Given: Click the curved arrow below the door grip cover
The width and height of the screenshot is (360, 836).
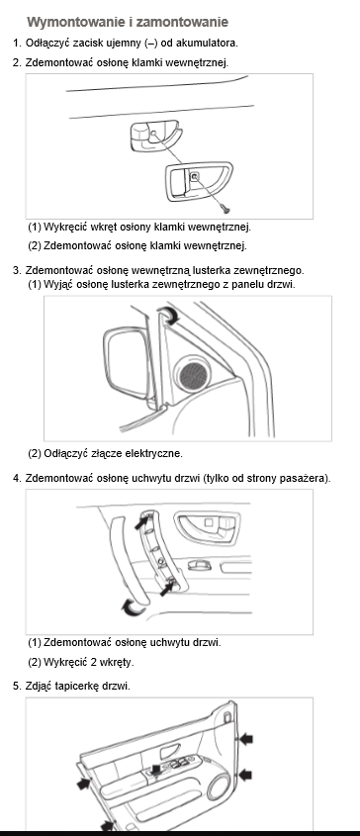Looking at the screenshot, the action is coord(133,606).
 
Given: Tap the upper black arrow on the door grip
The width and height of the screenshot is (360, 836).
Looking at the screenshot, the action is coord(141,522).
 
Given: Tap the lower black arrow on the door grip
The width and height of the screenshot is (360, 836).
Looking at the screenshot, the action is coord(168,589).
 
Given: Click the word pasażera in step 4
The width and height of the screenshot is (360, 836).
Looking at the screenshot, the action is coord(307,478).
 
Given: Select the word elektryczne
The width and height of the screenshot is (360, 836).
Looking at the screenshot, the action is coord(153,454).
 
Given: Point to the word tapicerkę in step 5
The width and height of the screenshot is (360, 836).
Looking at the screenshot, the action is coord(74,687).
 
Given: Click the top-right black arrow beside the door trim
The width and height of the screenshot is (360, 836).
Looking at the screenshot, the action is coord(246,738).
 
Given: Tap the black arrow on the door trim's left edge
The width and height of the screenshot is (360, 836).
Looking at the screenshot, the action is coord(84,784).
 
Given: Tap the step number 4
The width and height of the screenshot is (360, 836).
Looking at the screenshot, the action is coord(16,478).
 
